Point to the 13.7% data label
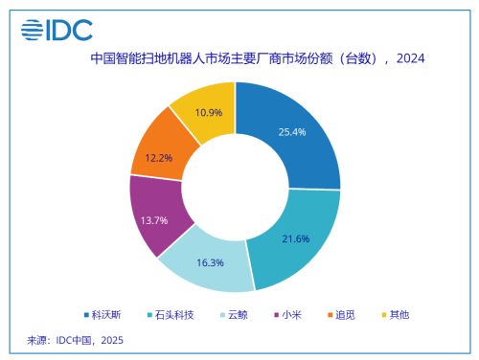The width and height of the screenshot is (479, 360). [x=154, y=220]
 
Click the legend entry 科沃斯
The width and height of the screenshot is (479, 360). [x=106, y=314]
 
